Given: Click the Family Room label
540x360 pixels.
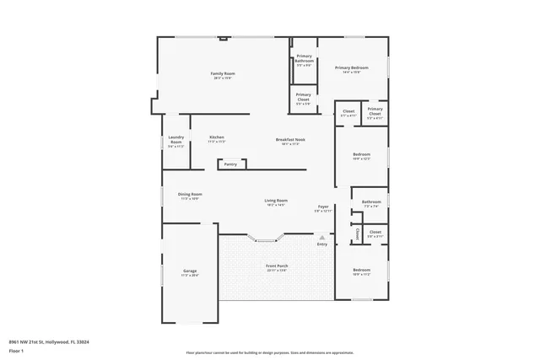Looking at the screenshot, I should (x=223, y=74).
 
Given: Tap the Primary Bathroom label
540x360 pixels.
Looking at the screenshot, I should (x=304, y=58).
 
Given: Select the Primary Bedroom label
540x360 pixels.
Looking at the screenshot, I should (x=352, y=68).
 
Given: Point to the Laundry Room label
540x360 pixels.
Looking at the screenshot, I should (x=176, y=140).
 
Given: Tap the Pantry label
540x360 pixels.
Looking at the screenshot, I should (x=230, y=164).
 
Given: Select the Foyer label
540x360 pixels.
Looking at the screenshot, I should (x=322, y=207).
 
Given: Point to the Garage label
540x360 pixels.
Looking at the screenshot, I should (x=190, y=271).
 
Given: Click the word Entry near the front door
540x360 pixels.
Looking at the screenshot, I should (x=321, y=244).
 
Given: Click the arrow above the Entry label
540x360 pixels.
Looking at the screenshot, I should (x=321, y=238).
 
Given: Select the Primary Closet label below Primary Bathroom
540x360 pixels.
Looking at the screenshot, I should (x=304, y=96).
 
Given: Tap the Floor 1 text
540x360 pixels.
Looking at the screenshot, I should (x=16, y=349).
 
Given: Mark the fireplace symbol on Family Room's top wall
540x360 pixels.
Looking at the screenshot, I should (x=224, y=38).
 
